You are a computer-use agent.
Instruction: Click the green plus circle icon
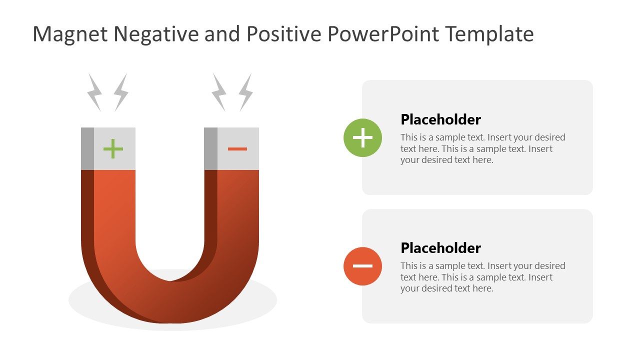[x=362, y=137]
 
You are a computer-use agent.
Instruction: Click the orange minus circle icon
[x=362, y=266]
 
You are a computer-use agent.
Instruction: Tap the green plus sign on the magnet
[x=113, y=148]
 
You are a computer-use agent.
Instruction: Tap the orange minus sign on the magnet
[x=237, y=148]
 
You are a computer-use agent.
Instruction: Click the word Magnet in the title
[x=70, y=34]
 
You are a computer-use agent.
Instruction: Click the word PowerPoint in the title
[x=383, y=34]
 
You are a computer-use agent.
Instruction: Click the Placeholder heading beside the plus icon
[x=440, y=119]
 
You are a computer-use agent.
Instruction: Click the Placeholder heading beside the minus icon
[x=440, y=248]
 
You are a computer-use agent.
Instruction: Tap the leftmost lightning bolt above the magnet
[x=94, y=92]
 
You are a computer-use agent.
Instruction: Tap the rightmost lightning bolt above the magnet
[x=245, y=92]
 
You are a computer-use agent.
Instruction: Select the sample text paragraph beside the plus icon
[x=482, y=148]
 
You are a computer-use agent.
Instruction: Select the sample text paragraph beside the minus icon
[x=482, y=277]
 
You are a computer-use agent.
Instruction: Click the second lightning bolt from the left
[x=121, y=92]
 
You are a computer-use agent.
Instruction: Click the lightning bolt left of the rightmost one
[x=219, y=92]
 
